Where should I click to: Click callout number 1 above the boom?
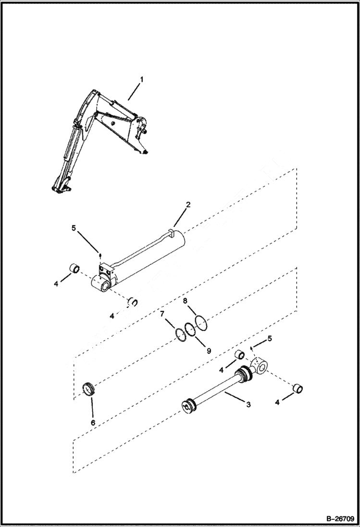pos(141,79)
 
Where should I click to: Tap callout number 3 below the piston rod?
pos(248,404)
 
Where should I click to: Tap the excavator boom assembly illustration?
pos(101,139)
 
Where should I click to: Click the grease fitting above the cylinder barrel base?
pos(100,255)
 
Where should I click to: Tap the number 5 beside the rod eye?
pos(269,338)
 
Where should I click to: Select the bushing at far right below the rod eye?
pos(298,388)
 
